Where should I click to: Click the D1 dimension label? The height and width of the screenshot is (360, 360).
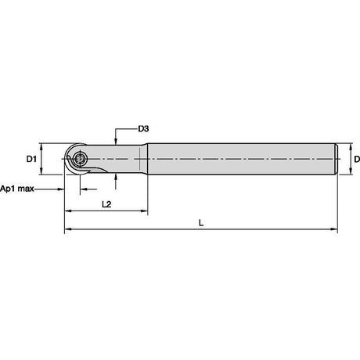[x=31, y=159]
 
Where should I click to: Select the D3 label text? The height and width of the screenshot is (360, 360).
[x=143, y=128]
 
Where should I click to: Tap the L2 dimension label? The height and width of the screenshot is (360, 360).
[x=106, y=204]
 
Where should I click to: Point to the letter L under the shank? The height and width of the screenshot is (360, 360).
[x=201, y=223]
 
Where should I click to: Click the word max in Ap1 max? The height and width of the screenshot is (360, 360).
[x=25, y=189]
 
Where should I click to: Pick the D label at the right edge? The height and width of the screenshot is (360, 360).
[x=357, y=159]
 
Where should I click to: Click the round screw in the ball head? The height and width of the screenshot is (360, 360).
[x=80, y=159]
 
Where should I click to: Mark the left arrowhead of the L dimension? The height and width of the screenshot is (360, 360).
[x=68, y=229]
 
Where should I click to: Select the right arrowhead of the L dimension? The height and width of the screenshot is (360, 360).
[x=334, y=229]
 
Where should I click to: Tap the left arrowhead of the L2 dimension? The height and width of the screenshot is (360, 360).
[x=68, y=211]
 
